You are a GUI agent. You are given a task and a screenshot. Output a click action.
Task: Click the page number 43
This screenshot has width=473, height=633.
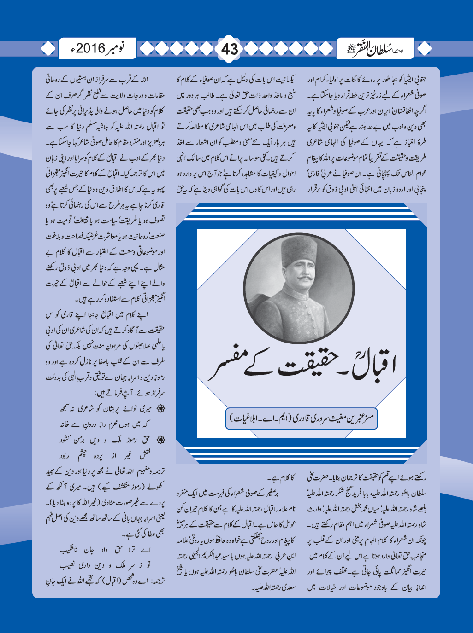229,48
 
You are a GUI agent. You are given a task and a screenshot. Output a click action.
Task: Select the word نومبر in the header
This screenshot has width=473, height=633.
116,48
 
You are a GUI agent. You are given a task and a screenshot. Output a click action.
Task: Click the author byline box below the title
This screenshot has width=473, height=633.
302,418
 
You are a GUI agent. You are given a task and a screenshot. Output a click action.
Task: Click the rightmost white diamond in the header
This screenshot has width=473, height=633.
425,48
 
